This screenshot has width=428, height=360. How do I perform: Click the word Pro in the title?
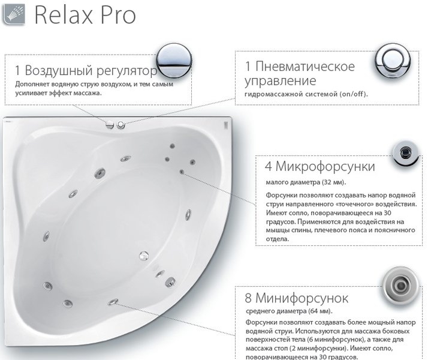[118, 15]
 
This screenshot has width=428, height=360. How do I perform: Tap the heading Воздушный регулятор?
[91, 70]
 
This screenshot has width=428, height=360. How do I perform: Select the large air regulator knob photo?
[174, 61]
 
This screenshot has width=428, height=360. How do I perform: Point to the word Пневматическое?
[305, 67]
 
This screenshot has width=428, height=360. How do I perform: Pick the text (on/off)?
[354, 94]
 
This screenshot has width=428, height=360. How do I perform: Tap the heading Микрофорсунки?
[325, 166]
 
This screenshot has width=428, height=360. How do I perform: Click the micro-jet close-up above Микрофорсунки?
[406, 152]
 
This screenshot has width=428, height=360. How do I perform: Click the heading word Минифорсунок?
[302, 298]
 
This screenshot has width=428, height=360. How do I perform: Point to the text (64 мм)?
[321, 311]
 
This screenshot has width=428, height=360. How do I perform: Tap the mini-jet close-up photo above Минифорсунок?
[400, 286]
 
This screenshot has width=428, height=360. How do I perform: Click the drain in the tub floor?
[144, 256]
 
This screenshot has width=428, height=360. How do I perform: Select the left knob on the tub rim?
[110, 125]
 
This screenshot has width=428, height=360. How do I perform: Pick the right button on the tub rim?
[120, 125]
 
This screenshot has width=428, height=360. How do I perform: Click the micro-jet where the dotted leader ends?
[182, 172]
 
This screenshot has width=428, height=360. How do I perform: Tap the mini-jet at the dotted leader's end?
[113, 302]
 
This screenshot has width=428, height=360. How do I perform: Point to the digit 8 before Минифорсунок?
[248, 298]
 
